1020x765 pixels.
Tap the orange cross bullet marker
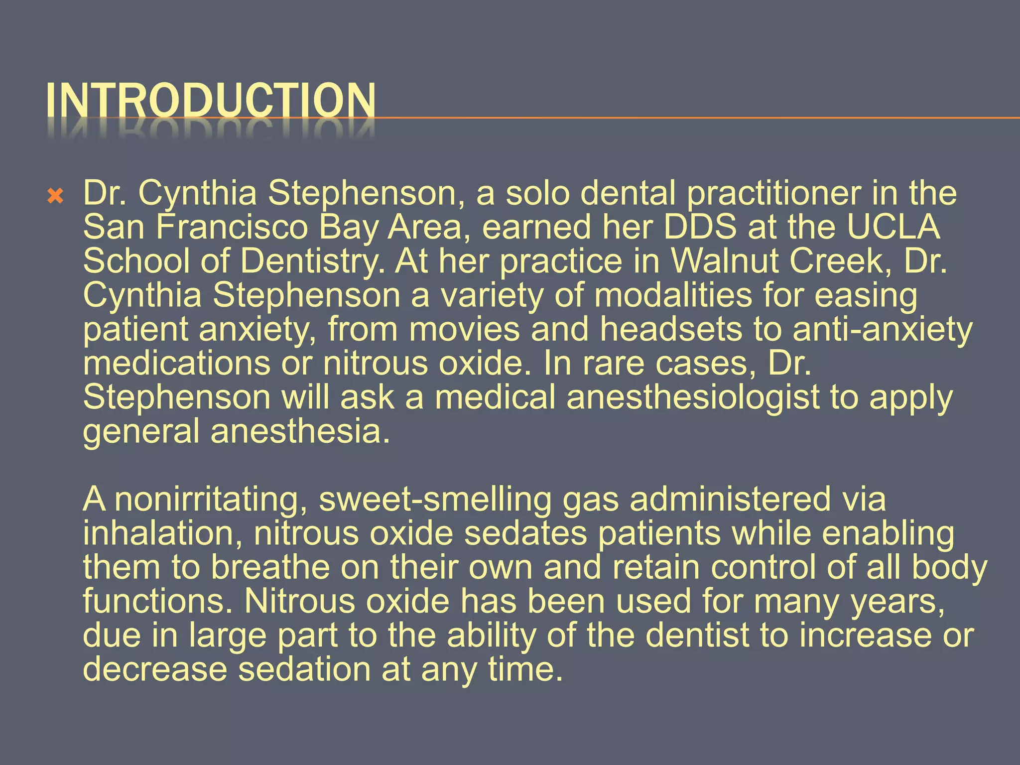coord(55,196)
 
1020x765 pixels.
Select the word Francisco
coord(232,227)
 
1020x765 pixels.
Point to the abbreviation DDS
coord(699,227)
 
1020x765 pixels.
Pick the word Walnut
coord(725,261)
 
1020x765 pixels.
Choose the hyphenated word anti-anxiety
coord(882,330)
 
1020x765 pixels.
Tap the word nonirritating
coord(211,500)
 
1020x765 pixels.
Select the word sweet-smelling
coord(435,500)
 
